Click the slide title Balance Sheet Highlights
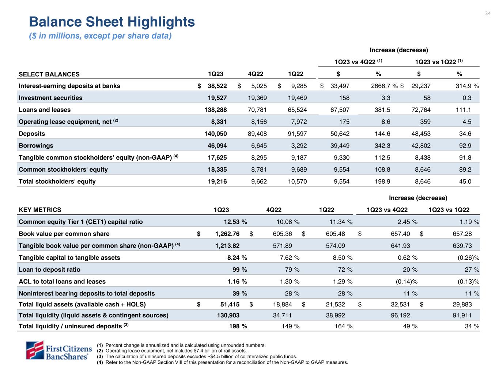[x=112, y=22]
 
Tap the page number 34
[x=488, y=14]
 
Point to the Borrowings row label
[x=36, y=146]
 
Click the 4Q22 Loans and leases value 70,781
[x=256, y=110]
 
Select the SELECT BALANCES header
[x=49, y=74]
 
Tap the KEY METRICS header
[x=40, y=210]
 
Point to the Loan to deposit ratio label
[x=49, y=270]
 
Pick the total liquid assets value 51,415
[x=229, y=304]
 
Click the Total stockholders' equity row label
[x=57, y=182]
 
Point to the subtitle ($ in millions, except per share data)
[x=100, y=36]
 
